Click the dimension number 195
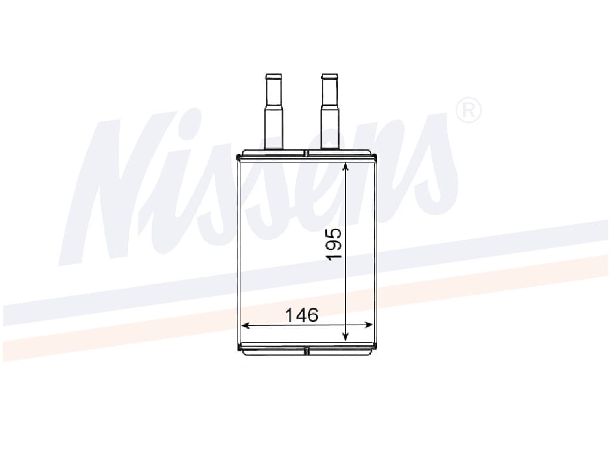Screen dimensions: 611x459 point(334,244)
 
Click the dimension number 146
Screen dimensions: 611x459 point(301,315)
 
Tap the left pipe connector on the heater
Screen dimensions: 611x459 point(273,111)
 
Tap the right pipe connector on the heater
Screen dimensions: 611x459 point(329,111)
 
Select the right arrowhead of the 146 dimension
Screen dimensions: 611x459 point(368,325)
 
